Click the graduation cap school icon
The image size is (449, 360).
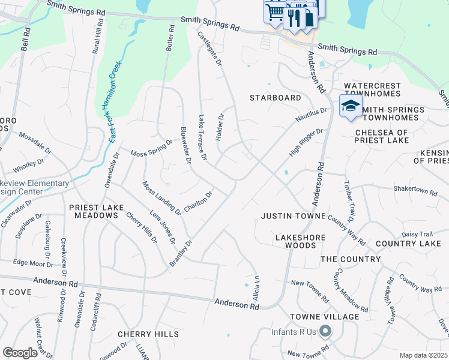[351, 106]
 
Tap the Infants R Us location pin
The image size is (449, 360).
[325, 331]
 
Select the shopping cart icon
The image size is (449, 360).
[275, 11]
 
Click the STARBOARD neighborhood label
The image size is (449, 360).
[276, 98]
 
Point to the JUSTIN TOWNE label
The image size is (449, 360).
[294, 216]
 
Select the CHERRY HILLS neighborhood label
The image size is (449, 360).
[148, 334]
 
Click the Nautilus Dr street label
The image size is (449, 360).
[311, 115]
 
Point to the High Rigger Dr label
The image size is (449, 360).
[306, 142]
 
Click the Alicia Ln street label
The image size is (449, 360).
[257, 287]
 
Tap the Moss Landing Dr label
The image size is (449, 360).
[161, 197]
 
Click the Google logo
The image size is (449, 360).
[20, 353]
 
